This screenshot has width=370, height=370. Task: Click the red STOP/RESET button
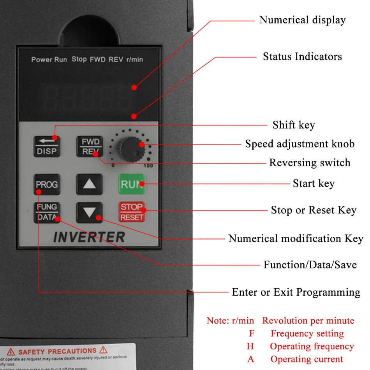click(132, 212)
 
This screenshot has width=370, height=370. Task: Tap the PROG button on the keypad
click(47, 184)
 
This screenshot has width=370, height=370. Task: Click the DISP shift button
click(47, 146)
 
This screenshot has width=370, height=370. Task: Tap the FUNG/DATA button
click(47, 212)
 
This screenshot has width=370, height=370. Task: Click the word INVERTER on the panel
click(89, 237)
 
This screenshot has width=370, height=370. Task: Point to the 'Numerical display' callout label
click(302, 20)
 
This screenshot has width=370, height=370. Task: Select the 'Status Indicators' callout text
click(302, 56)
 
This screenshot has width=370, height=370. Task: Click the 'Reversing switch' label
click(310, 162)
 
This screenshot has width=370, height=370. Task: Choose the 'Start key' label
click(314, 183)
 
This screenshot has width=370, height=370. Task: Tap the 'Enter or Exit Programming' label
click(296, 292)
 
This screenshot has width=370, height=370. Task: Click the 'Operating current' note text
click(307, 359)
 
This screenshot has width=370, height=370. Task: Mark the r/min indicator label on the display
click(134, 60)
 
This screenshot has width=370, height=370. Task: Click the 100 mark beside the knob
click(148, 166)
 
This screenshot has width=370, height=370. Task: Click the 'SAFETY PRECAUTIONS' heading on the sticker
click(57, 351)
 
